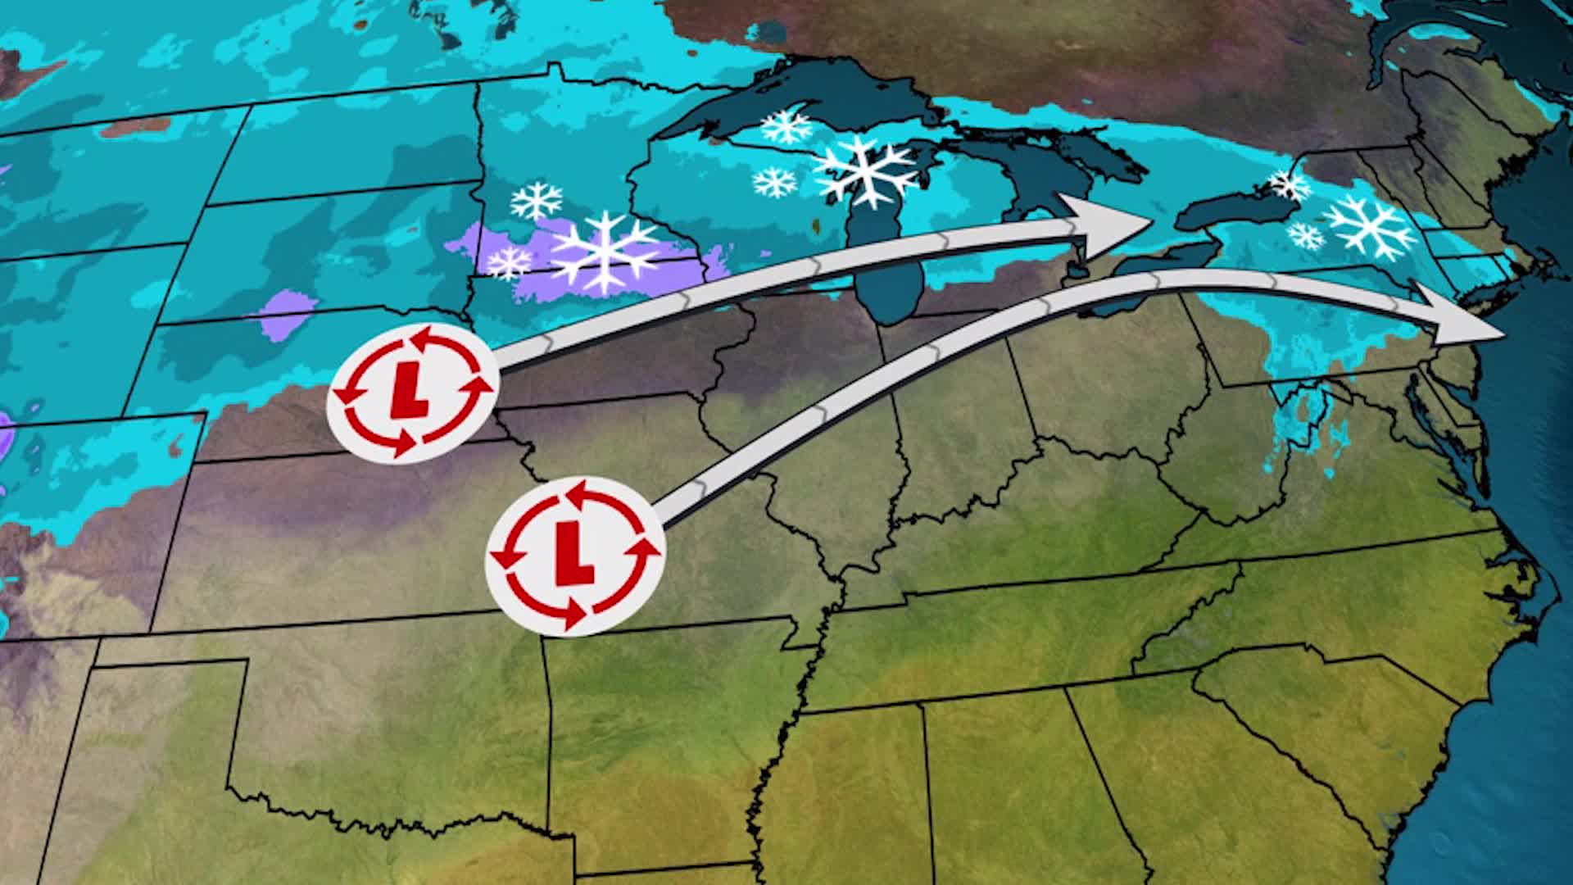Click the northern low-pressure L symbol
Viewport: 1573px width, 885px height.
tap(411, 393)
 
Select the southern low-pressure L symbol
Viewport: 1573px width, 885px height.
tap(573, 556)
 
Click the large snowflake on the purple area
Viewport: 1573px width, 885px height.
tap(605, 252)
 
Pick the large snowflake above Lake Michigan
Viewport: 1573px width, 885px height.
tap(865, 169)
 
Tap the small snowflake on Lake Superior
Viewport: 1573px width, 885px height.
tap(786, 127)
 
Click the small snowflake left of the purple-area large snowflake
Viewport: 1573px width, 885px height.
tap(509, 262)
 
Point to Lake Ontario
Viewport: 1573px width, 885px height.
tap(1229, 214)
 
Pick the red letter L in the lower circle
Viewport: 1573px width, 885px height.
tap(573, 556)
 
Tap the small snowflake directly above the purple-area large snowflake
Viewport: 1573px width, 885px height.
tap(537, 200)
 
